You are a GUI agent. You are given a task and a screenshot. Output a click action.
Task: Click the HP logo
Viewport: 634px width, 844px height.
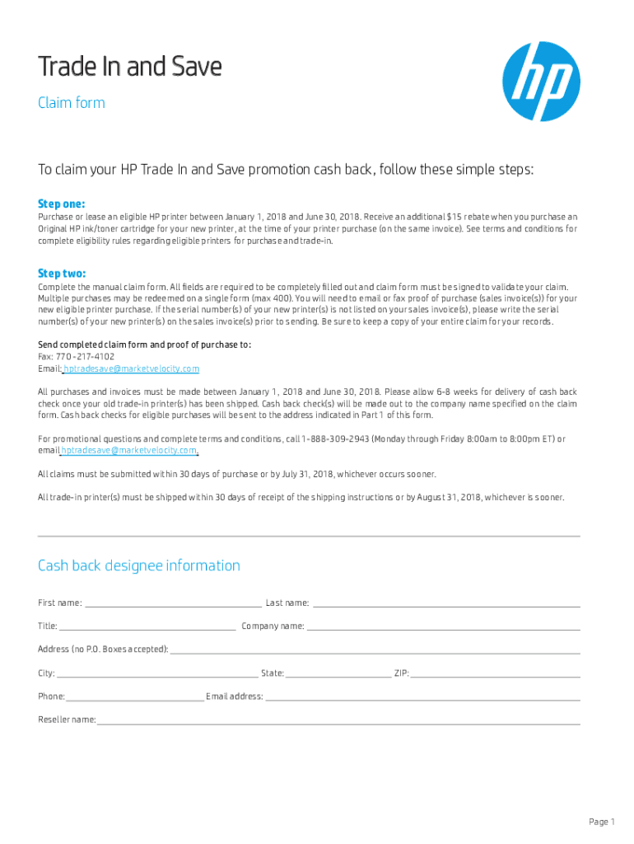[541, 82]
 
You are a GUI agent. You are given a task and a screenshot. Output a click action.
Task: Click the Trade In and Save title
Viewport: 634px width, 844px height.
[130, 67]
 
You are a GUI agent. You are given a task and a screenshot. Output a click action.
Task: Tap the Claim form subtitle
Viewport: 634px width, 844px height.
[72, 103]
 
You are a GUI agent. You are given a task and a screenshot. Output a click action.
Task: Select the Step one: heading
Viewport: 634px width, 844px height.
[62, 204]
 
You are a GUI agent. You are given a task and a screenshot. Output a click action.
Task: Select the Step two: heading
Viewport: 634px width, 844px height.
[62, 273]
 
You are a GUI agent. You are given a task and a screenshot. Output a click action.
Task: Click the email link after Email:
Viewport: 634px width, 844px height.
[132, 368]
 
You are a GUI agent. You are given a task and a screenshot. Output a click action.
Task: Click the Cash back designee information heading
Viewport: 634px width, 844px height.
[139, 565]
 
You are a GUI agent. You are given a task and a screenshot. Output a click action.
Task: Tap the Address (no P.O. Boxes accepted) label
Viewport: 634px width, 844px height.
[103, 649]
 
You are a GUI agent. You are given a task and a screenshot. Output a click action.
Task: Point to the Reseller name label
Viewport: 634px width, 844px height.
[67, 720]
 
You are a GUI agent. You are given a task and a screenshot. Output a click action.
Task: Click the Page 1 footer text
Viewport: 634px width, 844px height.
[601, 822]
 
